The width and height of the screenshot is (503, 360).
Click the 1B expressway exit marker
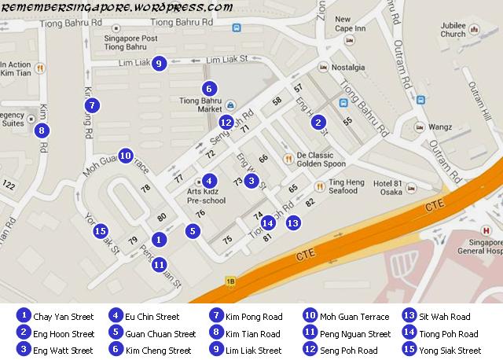(x=230, y=281)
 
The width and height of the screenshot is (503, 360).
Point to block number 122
(x=9, y=185)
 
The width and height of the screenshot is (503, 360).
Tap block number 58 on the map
(x=277, y=101)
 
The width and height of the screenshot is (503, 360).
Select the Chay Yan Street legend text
(x=64, y=317)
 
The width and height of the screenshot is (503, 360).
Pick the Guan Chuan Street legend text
(x=160, y=334)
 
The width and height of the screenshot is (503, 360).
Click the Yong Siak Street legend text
(x=450, y=351)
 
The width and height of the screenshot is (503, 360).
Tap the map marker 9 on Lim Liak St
(x=159, y=64)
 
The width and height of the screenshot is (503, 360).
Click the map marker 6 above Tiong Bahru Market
(x=207, y=89)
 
